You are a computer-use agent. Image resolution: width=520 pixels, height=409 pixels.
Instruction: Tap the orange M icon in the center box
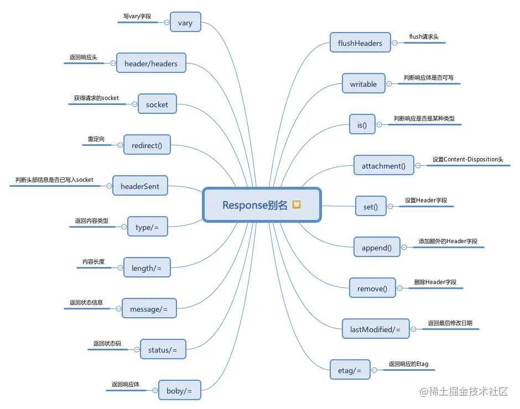pos(296,204)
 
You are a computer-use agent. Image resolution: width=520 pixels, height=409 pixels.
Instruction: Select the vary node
pos(185,23)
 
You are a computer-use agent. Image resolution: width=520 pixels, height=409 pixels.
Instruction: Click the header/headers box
pos(151,64)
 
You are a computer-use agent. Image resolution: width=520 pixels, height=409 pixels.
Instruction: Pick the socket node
pos(157,104)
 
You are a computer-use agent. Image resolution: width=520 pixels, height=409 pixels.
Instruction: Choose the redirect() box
pos(147,145)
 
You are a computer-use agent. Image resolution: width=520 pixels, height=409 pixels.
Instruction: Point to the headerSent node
pos(140,186)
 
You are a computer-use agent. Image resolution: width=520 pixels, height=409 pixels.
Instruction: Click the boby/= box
pos(179,391)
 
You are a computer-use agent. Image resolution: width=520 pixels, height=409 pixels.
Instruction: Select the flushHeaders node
pos(360,43)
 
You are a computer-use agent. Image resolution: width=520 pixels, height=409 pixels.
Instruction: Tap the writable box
pos(363,84)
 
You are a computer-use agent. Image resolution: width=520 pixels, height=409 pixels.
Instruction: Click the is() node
pos(362,125)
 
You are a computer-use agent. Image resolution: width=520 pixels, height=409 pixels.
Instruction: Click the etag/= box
pos(350,370)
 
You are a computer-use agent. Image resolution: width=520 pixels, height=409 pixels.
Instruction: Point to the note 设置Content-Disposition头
pos(468,160)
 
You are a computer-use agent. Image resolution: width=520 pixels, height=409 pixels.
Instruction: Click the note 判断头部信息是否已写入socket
pos(54,180)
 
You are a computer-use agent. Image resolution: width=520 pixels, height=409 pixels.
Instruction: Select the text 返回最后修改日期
pos(450,323)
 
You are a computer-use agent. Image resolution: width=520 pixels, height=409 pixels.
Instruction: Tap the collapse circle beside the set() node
pos(391,207)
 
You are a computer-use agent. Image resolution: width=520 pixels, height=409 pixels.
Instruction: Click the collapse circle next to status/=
pos(134,350)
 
